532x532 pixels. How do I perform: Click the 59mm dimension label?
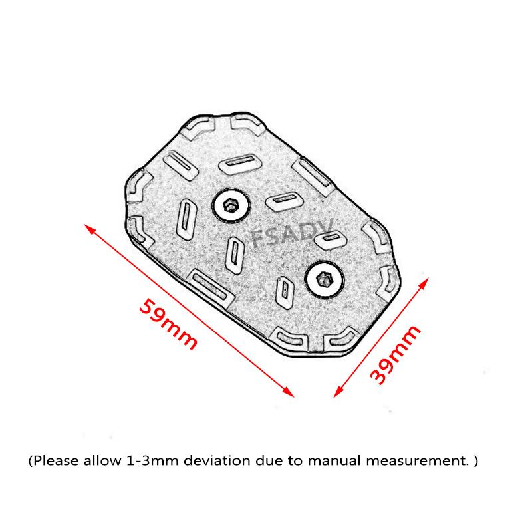[168, 324]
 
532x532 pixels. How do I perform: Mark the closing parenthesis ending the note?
[476, 460]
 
